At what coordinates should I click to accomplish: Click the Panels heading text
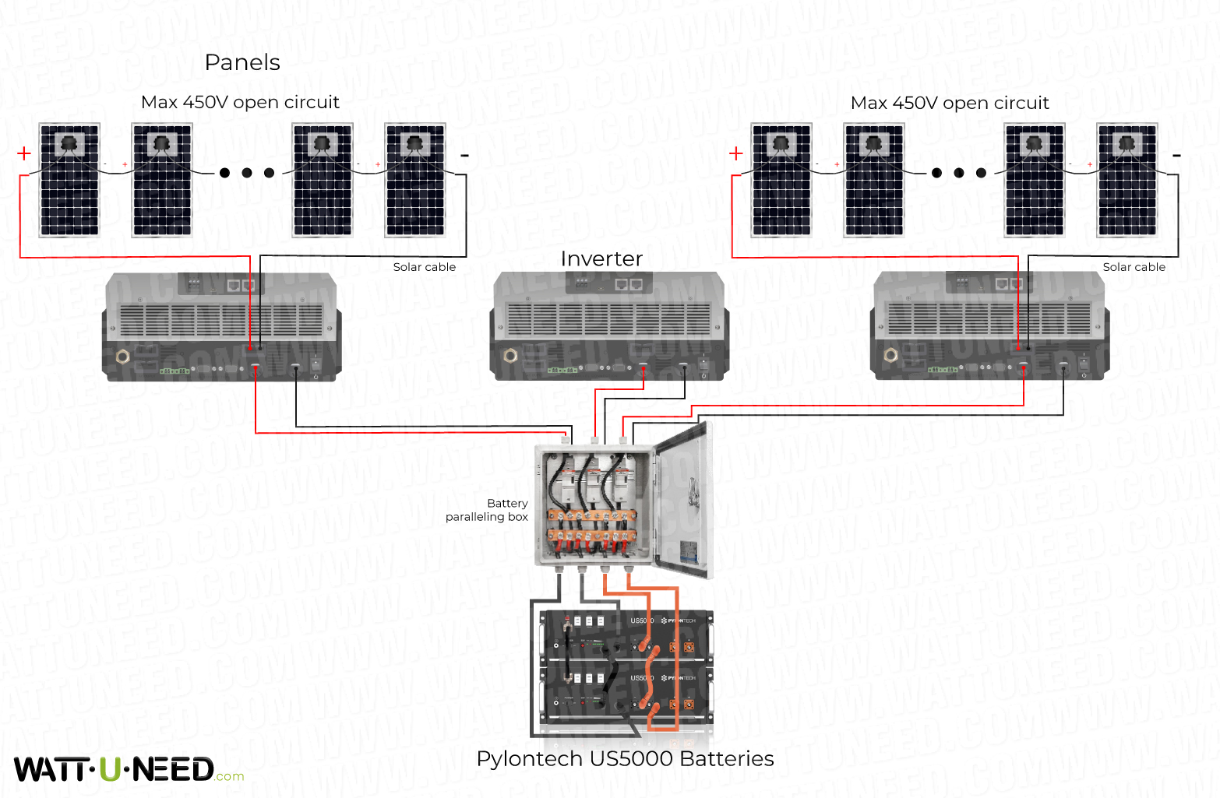tap(242, 62)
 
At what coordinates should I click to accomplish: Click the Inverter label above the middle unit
tap(601, 258)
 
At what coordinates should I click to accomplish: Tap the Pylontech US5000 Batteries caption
tap(625, 758)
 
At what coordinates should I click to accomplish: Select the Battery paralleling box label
tap(488, 510)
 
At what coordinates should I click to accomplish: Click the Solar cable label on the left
tap(424, 267)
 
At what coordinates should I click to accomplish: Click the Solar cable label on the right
tap(1134, 267)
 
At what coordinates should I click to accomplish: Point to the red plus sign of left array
tap(24, 153)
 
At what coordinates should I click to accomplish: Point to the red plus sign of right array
tap(735, 153)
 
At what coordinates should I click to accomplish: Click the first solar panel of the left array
tap(69, 180)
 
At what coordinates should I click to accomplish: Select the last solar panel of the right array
tap(1127, 180)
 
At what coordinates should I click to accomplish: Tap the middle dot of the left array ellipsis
tap(247, 173)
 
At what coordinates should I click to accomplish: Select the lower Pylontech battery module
tap(627, 691)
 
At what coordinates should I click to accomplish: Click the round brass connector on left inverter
tap(122, 357)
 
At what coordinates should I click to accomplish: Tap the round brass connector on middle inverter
tap(510, 356)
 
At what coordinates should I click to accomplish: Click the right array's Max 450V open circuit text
tap(949, 103)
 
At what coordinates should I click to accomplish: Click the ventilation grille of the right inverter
tap(989, 318)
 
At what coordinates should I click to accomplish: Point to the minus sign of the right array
tap(1176, 156)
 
